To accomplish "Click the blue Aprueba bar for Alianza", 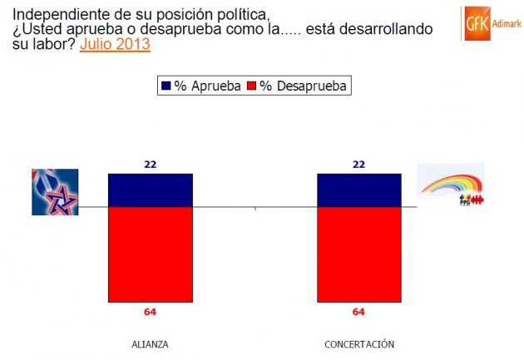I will [x=151, y=190].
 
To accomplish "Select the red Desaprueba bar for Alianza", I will [x=151, y=254].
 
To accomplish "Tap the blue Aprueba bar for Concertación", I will [x=359, y=190].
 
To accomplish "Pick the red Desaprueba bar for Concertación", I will [x=359, y=254].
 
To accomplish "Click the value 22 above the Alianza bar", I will [x=151, y=165].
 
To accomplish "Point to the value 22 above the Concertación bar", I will [x=359, y=165].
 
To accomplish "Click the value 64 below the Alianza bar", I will [x=151, y=313].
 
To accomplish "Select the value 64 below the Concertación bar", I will [x=359, y=313].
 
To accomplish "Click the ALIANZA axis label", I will [x=150, y=344].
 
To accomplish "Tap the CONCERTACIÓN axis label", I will [x=359, y=344].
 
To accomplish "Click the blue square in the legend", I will [x=165, y=85].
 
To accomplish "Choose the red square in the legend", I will [x=252, y=85].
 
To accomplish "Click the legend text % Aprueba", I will [x=205, y=85].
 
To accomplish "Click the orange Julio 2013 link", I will [x=115, y=44].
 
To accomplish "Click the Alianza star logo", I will [x=55, y=192].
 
